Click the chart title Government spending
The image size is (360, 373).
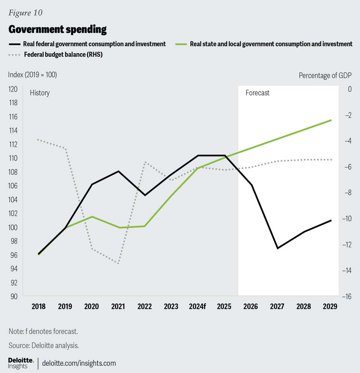(x=57, y=29)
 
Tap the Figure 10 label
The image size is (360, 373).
(x=25, y=13)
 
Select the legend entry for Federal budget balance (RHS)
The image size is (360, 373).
(x=63, y=54)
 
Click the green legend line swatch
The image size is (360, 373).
(x=180, y=44)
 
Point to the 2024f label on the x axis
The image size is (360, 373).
(x=197, y=306)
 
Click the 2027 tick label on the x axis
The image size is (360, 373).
(x=277, y=306)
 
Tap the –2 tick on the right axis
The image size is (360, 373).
(x=348, y=115)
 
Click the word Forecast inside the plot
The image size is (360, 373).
(x=258, y=93)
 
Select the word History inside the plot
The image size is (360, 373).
(x=40, y=93)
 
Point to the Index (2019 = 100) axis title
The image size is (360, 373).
(x=32, y=75)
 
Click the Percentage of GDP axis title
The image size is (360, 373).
(x=325, y=75)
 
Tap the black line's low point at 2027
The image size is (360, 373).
(x=277, y=248)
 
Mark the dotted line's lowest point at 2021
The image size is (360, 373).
(x=118, y=263)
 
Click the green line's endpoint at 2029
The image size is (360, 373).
(x=331, y=120)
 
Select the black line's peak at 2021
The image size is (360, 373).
(x=118, y=171)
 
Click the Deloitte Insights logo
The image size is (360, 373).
(x=21, y=363)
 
